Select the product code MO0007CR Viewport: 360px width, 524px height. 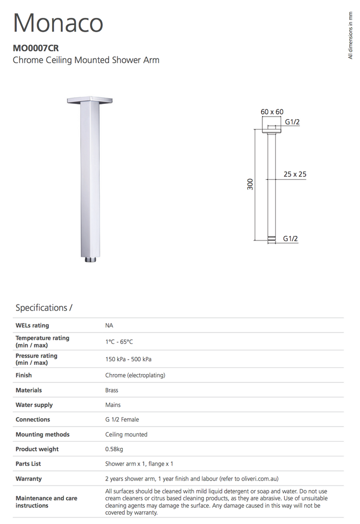click(35, 49)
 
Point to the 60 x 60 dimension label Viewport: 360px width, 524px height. click(272, 112)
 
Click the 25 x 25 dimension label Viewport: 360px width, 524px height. click(295, 174)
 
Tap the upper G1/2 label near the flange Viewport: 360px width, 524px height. click(292, 122)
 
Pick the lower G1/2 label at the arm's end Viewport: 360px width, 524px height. click(290, 238)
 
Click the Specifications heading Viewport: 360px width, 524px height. click(44, 308)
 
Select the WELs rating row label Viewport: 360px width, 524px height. click(32, 325)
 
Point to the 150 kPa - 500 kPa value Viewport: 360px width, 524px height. click(128, 359)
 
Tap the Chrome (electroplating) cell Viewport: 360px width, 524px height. click(135, 375)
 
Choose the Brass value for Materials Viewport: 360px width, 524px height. click(111, 390)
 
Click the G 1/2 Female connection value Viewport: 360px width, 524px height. click(122, 420)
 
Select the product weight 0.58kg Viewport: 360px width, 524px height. click(114, 449)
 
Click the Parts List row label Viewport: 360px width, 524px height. click(28, 464)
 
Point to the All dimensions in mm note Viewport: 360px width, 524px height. click(351, 36)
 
